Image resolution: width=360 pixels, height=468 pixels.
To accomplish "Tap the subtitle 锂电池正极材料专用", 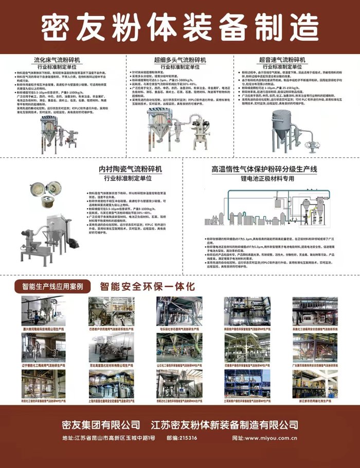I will click(x=268, y=178).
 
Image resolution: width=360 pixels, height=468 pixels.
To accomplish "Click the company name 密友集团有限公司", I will click(x=100, y=425).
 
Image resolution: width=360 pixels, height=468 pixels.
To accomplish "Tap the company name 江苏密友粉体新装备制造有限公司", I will click(x=224, y=425).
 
